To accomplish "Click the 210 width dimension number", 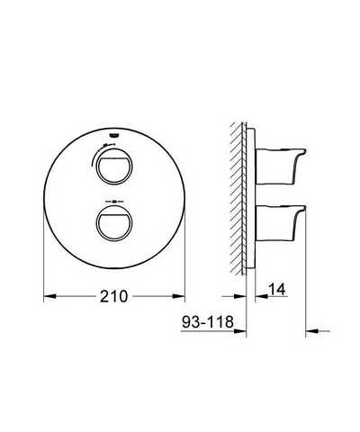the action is [x=114, y=296].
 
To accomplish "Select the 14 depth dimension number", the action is [x=277, y=289].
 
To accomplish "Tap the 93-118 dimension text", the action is [x=208, y=322].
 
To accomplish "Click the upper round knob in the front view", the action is [x=114, y=166].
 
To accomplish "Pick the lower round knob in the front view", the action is [x=114, y=223].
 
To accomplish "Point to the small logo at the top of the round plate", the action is [x=113, y=136].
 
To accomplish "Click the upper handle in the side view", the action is [x=281, y=166].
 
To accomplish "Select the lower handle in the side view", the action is [x=281, y=223].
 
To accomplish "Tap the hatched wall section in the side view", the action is [x=238, y=198].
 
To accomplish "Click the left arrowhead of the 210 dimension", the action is [x=50, y=296].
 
